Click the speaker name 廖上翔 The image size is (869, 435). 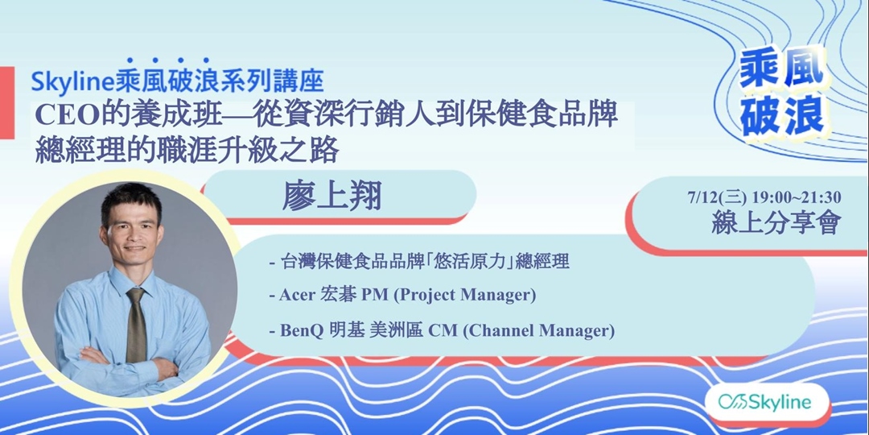[x=332, y=197]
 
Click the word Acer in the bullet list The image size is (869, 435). [x=297, y=295]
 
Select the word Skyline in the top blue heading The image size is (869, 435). [x=74, y=81]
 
